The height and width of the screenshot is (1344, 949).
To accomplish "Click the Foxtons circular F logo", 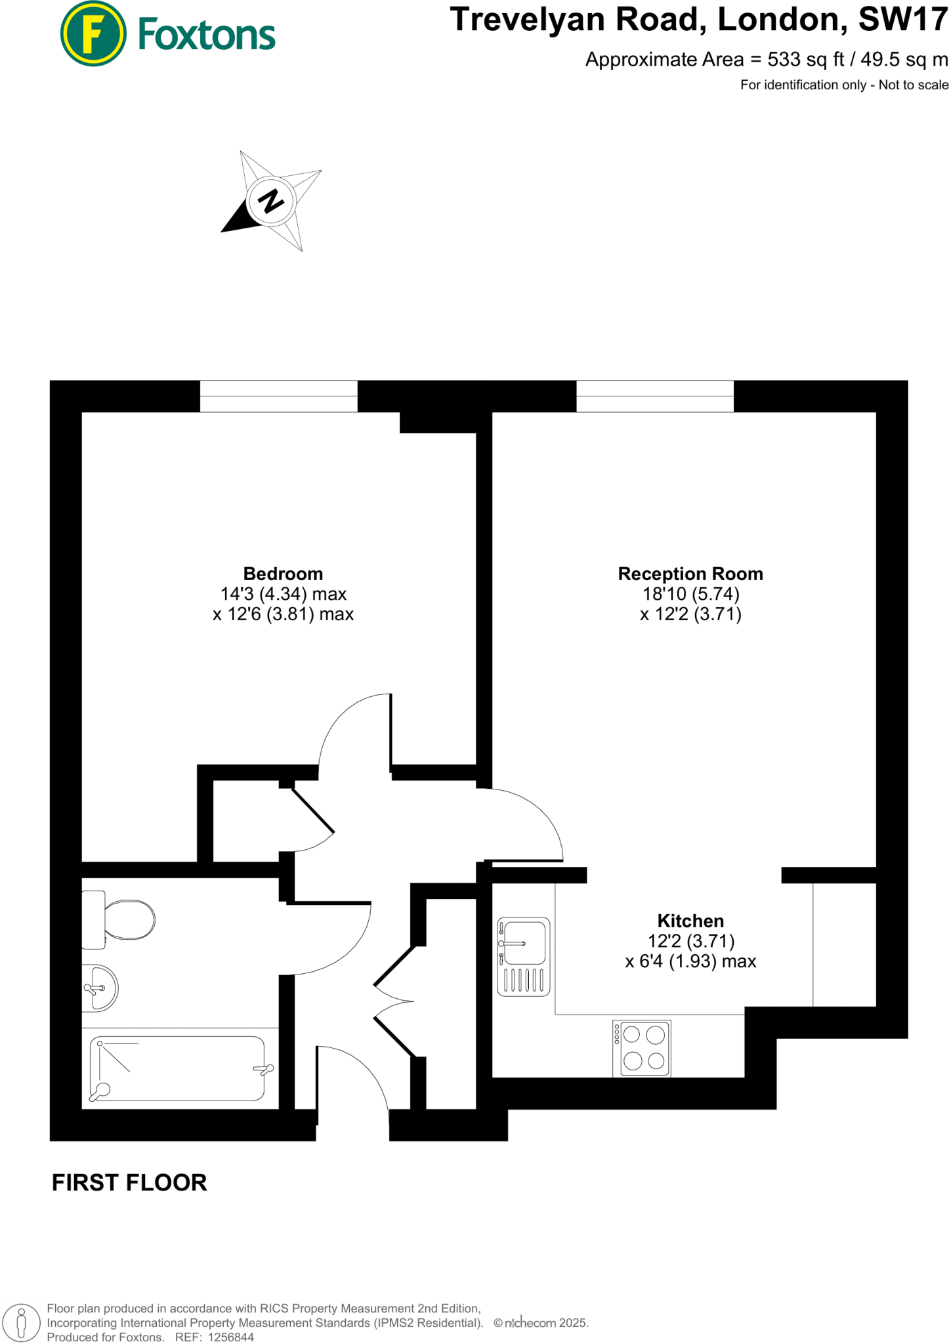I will pyautogui.click(x=93, y=34).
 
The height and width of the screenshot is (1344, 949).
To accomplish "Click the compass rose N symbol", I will pyautogui.click(x=271, y=200).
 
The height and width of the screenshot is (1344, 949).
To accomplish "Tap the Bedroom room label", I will pyautogui.click(x=283, y=574).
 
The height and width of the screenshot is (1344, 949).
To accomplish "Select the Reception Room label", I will pyautogui.click(x=690, y=574).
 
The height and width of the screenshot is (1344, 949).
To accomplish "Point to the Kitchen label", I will pyautogui.click(x=690, y=921).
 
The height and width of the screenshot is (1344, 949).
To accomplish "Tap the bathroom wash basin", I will pyautogui.click(x=100, y=988).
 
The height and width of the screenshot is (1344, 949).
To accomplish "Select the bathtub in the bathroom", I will pyautogui.click(x=177, y=1068).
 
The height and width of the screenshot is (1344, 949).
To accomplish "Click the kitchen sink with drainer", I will pyautogui.click(x=523, y=956).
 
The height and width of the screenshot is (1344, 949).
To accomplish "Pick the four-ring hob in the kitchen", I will pyautogui.click(x=642, y=1048).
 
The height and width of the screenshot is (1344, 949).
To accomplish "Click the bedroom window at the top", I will pyautogui.click(x=278, y=396).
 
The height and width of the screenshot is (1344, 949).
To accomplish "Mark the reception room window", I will pyautogui.click(x=655, y=396).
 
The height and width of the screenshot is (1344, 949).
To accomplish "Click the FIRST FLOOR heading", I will pyautogui.click(x=129, y=1183).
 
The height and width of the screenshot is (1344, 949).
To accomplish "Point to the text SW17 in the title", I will pyautogui.click(x=903, y=20).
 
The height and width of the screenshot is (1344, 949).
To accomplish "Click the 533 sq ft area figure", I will pyautogui.click(x=806, y=60).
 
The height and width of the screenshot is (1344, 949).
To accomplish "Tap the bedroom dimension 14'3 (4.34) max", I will pyautogui.click(x=283, y=594).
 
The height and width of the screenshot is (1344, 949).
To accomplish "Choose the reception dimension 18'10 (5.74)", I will pyautogui.click(x=690, y=594).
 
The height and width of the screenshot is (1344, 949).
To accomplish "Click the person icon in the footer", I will pyautogui.click(x=22, y=1322).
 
